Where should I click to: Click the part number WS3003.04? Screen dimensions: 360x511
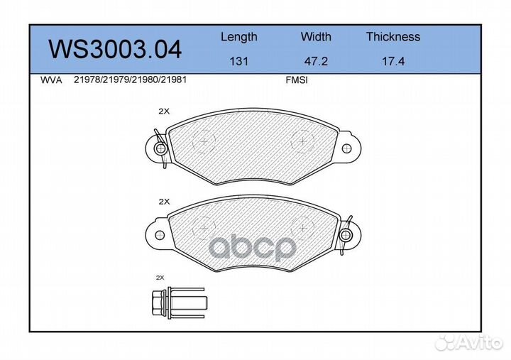pyautogui.click(x=114, y=49)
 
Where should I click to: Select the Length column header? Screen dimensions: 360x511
pyautogui.click(x=238, y=37)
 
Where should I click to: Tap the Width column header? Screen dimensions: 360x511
pyautogui.click(x=316, y=37)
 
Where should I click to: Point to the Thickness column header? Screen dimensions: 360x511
pyautogui.click(x=392, y=37)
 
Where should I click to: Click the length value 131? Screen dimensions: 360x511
pyautogui.click(x=238, y=61)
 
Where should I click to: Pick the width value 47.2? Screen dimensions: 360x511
pyautogui.click(x=316, y=61)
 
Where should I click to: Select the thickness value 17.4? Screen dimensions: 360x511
pyautogui.click(x=392, y=61)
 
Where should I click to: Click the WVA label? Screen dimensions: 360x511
pyautogui.click(x=52, y=81)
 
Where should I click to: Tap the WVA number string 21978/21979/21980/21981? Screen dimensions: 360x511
pyautogui.click(x=130, y=81)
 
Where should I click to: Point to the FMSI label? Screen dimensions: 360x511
pyautogui.click(x=296, y=81)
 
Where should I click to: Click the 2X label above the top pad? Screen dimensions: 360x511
pyautogui.click(x=164, y=111)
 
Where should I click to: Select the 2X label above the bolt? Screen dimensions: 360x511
pyautogui.click(x=160, y=278)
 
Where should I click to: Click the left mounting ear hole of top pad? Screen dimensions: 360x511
pyautogui.click(x=160, y=148)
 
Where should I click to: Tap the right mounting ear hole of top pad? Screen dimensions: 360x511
pyautogui.click(x=346, y=148)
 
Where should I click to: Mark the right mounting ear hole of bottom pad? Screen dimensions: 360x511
pyautogui.click(x=346, y=234)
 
